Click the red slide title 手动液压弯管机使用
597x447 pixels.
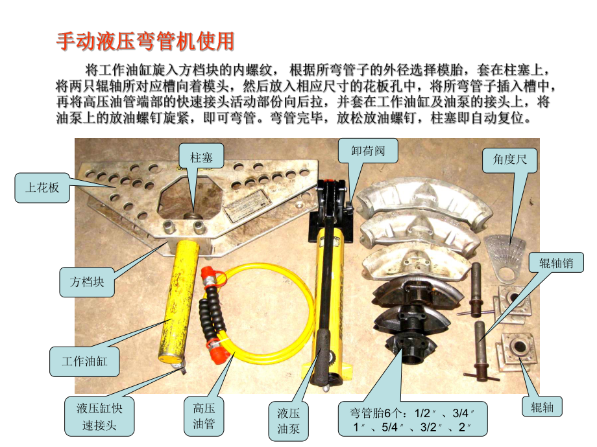tap(145, 41)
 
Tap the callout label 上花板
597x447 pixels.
tap(42, 188)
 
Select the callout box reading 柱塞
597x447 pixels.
tap(197, 157)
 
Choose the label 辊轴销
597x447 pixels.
tap(556, 262)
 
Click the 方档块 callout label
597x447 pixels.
tap(87, 282)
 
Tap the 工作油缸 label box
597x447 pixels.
tap(84, 361)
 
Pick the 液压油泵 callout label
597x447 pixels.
tap(289, 420)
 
